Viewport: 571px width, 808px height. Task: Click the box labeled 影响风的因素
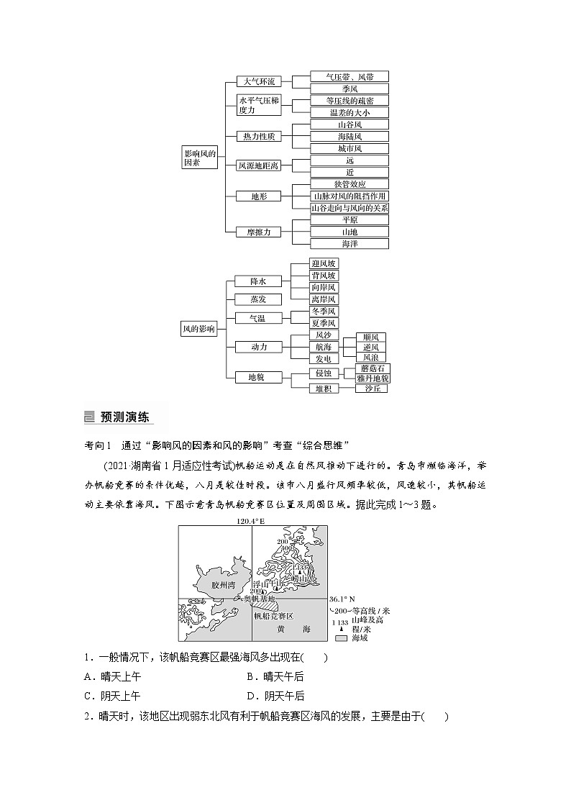(x=198, y=158)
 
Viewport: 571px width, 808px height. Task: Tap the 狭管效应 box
(x=350, y=183)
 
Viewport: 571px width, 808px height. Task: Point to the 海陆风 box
(x=350, y=136)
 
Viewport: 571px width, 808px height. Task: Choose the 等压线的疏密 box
(x=350, y=101)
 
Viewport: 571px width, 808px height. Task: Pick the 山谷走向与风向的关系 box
(x=350, y=207)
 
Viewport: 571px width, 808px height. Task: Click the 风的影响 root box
(x=198, y=329)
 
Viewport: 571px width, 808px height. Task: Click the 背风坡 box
(x=323, y=276)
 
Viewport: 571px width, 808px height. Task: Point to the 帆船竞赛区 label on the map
(x=273, y=616)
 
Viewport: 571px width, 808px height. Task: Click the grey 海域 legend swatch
(x=340, y=637)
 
